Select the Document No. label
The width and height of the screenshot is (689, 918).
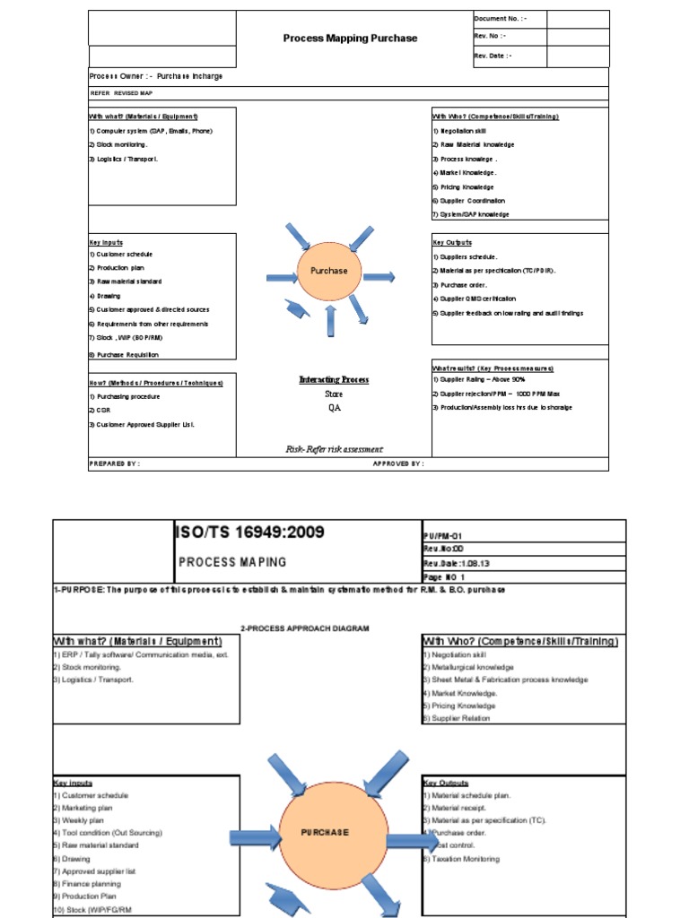(500, 19)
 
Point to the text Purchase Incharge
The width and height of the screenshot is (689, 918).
(189, 77)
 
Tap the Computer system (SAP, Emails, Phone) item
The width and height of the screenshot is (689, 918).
(151, 131)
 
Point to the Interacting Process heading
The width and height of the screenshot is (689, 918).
(334, 380)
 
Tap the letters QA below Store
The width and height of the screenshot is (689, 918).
(334, 407)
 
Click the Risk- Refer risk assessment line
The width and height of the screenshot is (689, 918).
(333, 449)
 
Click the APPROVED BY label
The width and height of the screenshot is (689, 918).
(398, 464)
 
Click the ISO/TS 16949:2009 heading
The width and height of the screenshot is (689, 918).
(249, 533)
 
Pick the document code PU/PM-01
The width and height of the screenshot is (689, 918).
(445, 533)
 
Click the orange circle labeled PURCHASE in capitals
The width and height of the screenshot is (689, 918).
(325, 833)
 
